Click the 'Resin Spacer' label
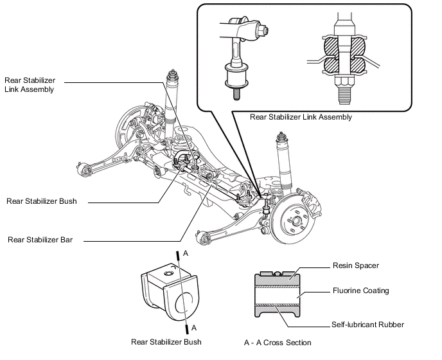(356, 265)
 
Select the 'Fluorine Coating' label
(361, 291)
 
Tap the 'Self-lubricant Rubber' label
(368, 325)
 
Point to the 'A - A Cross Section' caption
(278, 343)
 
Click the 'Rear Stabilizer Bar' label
(40, 240)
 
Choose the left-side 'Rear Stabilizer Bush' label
(41, 201)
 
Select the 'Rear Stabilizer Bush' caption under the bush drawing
(166, 342)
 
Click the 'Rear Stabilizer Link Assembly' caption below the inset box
(301, 117)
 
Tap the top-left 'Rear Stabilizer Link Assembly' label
(30, 85)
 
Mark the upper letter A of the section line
(186, 253)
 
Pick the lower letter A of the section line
(194, 328)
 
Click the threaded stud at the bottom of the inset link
(236, 94)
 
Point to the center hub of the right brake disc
(296, 220)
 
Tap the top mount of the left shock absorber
(172, 76)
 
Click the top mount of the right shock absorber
(281, 138)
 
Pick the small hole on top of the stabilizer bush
(168, 273)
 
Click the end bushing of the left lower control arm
(84, 169)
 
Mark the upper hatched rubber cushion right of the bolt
(357, 46)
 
